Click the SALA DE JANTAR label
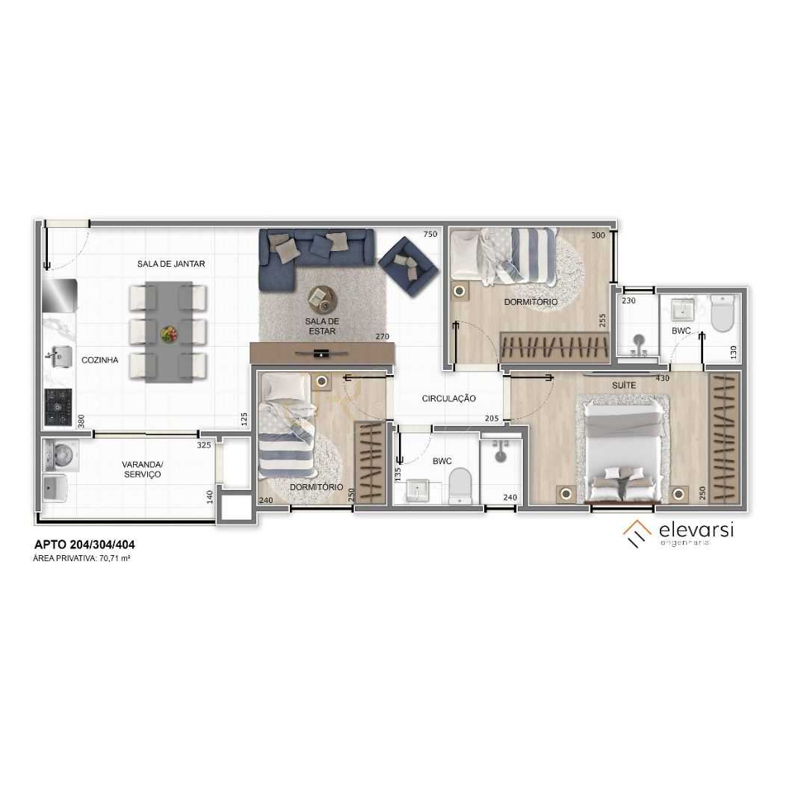point(170,264)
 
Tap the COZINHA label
point(99,360)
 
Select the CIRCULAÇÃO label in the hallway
point(448,399)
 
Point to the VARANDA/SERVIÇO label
point(142,469)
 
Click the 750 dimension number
point(430,235)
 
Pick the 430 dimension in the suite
point(661,379)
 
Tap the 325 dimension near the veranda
point(204,445)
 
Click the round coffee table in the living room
point(322,300)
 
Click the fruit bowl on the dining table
point(169,333)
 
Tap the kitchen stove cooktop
point(58,408)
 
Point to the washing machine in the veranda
point(56,454)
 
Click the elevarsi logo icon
point(637,533)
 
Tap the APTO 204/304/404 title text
point(84,545)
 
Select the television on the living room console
point(321,353)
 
